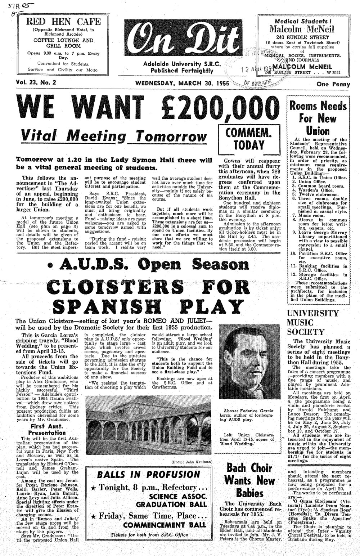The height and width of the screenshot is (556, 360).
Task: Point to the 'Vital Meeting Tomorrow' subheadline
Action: click(114, 136)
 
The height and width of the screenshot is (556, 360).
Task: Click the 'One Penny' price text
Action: click(333, 85)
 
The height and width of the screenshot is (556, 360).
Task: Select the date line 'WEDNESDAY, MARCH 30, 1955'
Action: click(182, 83)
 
